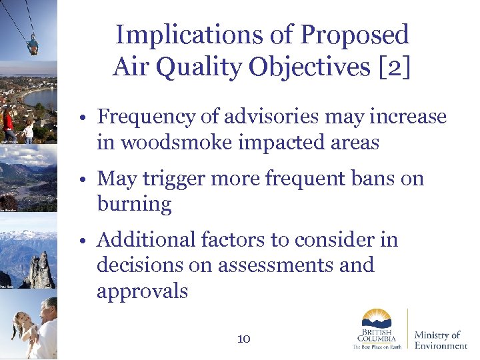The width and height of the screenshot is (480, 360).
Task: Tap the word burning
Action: pyautogui.click(x=134, y=204)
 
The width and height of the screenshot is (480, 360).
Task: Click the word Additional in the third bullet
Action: pyautogui.click(x=145, y=240)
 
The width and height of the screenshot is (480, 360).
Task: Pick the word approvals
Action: pyautogui.click(x=142, y=291)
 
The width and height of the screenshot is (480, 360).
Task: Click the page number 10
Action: pyautogui.click(x=243, y=339)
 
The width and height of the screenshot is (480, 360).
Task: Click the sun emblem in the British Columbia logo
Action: pyautogui.click(x=377, y=318)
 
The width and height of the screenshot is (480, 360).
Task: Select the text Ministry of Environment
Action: pyautogui.click(x=441, y=340)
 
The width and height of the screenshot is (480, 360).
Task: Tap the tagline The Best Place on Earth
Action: pyautogui.click(x=377, y=347)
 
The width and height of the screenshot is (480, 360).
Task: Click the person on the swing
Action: pyautogui.click(x=32, y=46)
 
